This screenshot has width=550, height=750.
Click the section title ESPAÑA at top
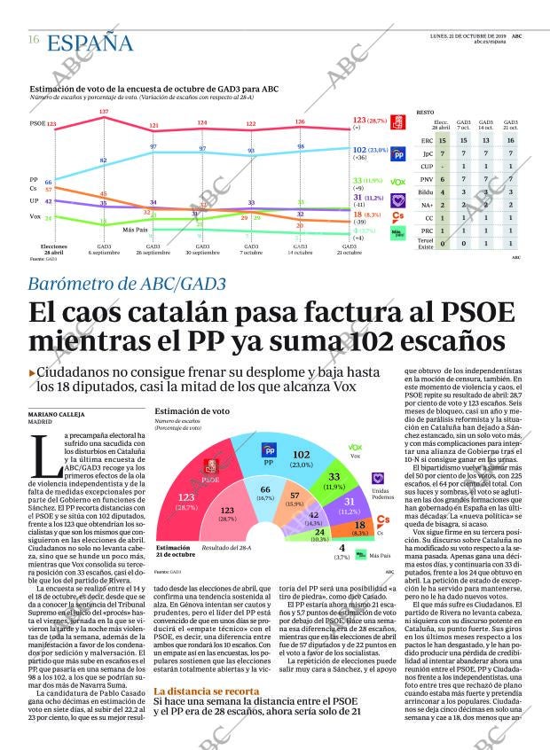90,43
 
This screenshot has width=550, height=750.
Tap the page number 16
33,40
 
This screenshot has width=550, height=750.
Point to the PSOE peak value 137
104,112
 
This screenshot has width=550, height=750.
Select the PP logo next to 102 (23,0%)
398,152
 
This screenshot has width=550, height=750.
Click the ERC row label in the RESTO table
427,140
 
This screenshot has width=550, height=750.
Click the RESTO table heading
425,113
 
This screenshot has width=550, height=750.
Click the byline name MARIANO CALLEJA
58,414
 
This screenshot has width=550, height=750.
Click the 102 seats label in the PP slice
301,455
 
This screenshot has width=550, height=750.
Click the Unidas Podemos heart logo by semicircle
377,478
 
